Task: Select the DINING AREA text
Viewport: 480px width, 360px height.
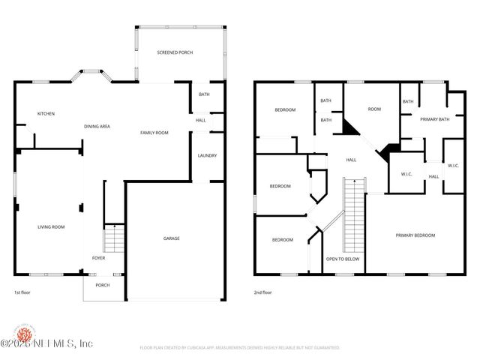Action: pos(97,127)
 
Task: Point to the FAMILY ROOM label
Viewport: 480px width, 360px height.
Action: pos(154,133)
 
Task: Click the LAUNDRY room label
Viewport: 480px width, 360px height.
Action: pos(208,156)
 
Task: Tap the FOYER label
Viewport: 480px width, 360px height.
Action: pos(98,258)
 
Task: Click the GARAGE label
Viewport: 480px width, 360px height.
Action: pos(172,238)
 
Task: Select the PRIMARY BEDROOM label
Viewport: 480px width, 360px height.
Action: pos(415,235)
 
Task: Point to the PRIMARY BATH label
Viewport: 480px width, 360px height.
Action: pos(434,119)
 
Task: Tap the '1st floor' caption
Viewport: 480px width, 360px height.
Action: pos(23,292)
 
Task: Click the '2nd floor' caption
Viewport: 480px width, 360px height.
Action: pos(262,292)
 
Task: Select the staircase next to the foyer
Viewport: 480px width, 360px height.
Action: pos(112,239)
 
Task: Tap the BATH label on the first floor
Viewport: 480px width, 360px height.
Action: pos(204,94)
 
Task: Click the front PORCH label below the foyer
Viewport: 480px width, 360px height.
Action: pos(102,285)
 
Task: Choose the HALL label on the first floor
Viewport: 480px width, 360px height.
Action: pos(201,120)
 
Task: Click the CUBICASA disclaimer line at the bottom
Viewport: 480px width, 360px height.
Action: pos(240,348)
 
